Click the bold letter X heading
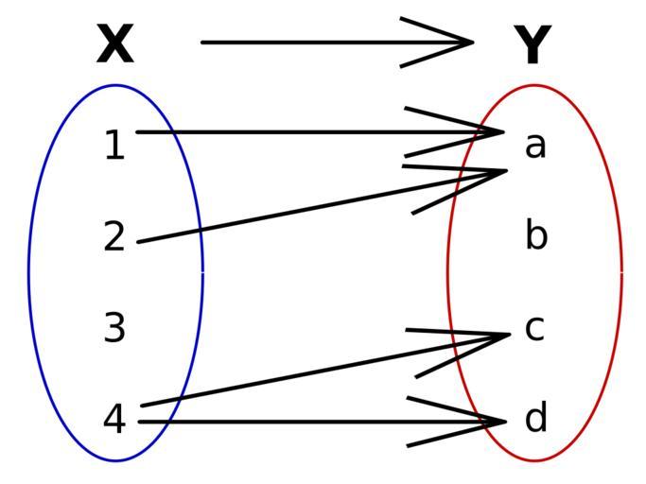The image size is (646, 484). [114, 44]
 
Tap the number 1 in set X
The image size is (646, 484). [114, 146]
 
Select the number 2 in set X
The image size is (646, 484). [114, 236]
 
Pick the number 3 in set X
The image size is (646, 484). [114, 328]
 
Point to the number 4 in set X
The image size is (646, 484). [114, 419]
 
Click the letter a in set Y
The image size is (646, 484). [535, 146]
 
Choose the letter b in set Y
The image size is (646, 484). [535, 234]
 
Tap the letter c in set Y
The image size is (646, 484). [534, 328]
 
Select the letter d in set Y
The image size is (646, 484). [535, 417]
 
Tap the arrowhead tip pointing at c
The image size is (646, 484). [508, 334]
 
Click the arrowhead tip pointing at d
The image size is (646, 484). [503, 421]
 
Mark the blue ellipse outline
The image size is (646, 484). [28, 274]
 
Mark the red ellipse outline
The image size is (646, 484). [621, 274]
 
